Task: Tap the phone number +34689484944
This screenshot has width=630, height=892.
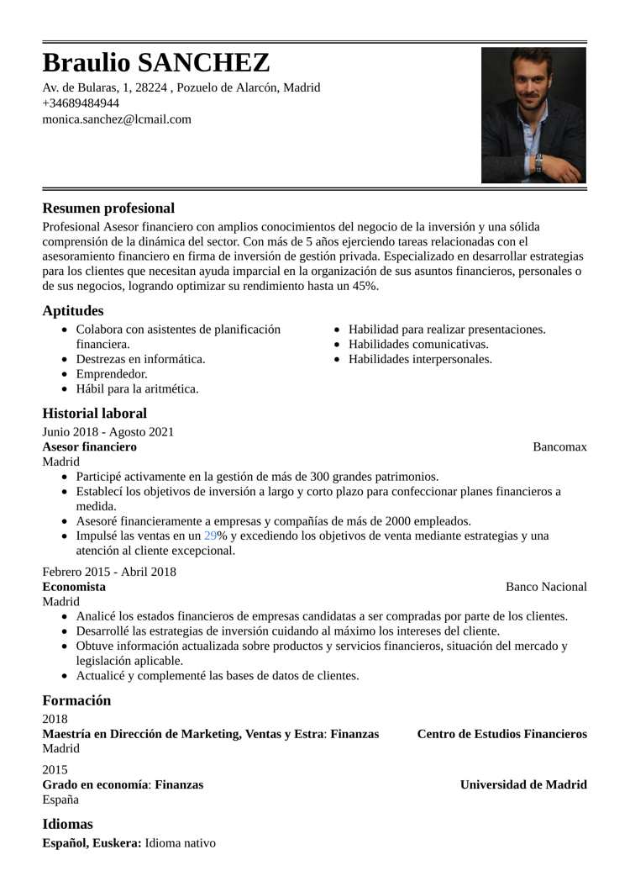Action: [81, 103]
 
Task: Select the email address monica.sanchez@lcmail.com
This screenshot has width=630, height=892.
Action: [117, 119]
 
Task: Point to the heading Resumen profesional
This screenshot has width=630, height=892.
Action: [108, 208]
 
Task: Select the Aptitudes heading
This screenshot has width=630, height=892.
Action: [73, 311]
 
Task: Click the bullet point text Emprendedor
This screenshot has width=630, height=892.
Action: [112, 374]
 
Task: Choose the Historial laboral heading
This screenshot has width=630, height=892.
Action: [94, 414]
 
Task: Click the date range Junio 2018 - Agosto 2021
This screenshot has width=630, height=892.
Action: [108, 432]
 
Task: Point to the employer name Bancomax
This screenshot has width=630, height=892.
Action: [559, 446]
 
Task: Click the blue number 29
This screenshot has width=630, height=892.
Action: [210, 536]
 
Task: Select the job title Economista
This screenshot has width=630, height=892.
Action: [74, 587]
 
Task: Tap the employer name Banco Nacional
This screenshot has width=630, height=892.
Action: [546, 587]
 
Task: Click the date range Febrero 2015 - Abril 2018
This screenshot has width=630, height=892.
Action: [109, 572]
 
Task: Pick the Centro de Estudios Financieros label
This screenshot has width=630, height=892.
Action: [501, 734]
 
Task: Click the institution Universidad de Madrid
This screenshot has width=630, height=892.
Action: [523, 784]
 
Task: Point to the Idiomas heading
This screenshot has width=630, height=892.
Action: [68, 824]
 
